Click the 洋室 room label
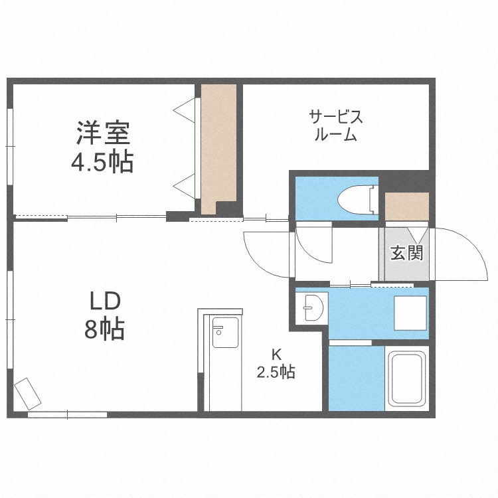click(102, 133)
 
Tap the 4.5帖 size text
click(102, 161)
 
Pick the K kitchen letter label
click(276, 353)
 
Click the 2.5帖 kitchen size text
click(276, 372)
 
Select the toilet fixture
click(357, 199)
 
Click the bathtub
click(406, 380)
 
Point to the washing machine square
click(410, 312)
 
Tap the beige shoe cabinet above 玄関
click(406, 207)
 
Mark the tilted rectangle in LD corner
click(29, 392)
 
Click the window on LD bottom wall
click(67, 414)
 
